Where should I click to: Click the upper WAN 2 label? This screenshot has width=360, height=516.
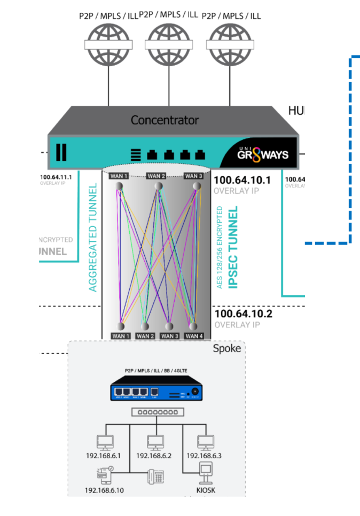tap(156, 176)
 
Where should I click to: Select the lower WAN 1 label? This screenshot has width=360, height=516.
tap(121, 336)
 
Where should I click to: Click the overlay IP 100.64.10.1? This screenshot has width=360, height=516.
tap(242, 180)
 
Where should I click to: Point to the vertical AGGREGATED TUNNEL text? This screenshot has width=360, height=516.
tap(93, 237)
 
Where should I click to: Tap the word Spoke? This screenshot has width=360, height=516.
tap(227, 349)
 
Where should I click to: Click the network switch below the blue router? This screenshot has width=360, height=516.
tap(157, 412)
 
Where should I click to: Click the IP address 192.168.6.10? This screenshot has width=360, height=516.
tap(105, 490)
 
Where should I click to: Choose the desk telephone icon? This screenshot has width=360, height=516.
tap(155, 476)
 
